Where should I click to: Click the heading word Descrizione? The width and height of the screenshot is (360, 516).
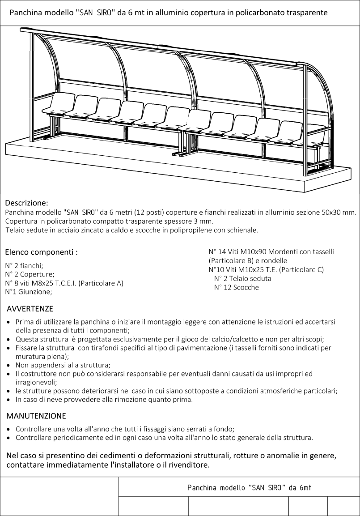pyautogui.click(x=26, y=202)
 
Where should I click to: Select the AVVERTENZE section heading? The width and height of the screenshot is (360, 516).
pyautogui.click(x=30, y=309)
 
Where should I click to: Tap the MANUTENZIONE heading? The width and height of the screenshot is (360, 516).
pyautogui.click(x=36, y=416)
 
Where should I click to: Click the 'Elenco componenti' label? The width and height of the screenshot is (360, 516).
pyautogui.click(x=41, y=252)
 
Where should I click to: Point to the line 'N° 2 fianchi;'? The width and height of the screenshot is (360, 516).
pyautogui.click(x=24, y=265)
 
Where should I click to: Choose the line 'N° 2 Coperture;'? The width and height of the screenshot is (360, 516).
pyautogui.click(x=30, y=274)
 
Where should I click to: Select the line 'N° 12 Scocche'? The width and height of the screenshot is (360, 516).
pyautogui.click(x=236, y=287)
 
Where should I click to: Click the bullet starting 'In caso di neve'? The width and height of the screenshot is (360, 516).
pyautogui.click(x=104, y=400)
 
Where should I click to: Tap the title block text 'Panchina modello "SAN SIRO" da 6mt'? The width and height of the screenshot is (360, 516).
pyautogui.click(x=249, y=487)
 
